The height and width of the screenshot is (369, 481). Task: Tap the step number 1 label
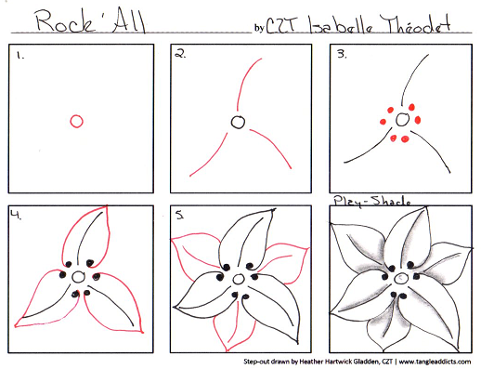pos(20,56)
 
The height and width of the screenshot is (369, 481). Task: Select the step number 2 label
pos(180,54)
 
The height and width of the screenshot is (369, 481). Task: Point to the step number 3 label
pos(342,54)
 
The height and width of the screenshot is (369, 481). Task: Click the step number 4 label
pos(16,214)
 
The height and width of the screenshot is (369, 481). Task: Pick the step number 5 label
pos(179,215)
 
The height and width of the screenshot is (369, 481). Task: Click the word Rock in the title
pos(65,21)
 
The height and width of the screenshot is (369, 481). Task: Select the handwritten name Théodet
pos(415,23)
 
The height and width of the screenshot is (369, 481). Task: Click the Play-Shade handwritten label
pos(371,201)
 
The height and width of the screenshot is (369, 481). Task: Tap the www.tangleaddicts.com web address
pos(435,362)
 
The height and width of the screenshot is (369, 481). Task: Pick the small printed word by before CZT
pos(259,28)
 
